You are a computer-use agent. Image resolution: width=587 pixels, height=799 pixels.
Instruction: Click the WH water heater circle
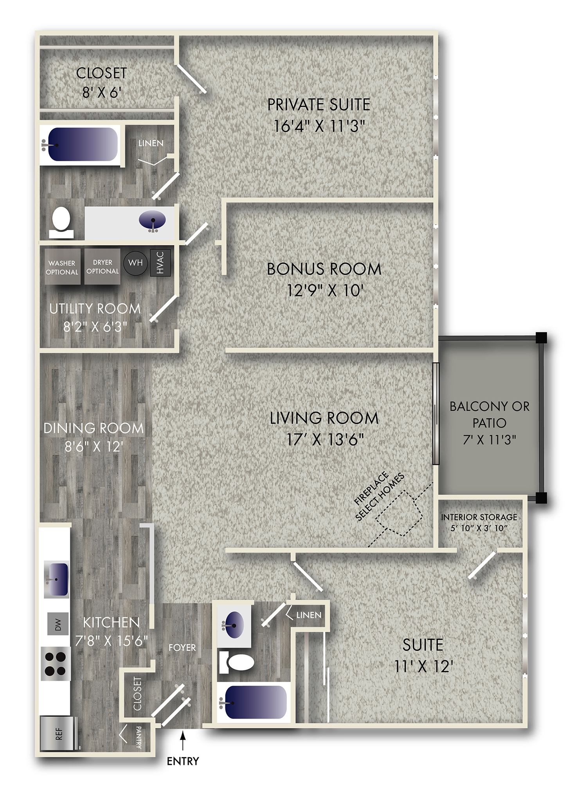click(x=135, y=262)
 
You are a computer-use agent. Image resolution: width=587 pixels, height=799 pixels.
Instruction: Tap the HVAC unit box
click(x=160, y=262)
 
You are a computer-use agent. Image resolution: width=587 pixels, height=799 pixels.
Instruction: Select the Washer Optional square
click(x=62, y=267)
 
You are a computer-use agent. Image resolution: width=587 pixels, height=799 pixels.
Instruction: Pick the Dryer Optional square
click(x=103, y=266)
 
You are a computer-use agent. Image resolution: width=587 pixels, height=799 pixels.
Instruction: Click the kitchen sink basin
click(x=56, y=580)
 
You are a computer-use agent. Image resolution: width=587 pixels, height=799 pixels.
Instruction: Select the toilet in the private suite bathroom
click(x=61, y=222)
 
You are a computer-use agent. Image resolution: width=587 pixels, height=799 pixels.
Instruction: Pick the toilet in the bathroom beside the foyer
click(x=236, y=662)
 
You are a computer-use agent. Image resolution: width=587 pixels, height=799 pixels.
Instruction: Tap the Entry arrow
click(x=183, y=741)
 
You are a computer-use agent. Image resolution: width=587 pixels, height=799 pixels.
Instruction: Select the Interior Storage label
click(x=479, y=522)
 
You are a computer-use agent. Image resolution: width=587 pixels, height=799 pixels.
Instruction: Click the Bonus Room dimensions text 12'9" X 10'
click(x=325, y=291)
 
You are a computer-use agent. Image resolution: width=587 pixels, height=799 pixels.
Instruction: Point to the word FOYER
click(x=182, y=648)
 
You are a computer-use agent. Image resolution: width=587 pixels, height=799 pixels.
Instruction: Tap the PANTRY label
click(x=139, y=737)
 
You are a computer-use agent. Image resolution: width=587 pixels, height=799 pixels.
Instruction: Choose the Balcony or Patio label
click(x=490, y=423)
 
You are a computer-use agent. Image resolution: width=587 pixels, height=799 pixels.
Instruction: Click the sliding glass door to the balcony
click(x=436, y=414)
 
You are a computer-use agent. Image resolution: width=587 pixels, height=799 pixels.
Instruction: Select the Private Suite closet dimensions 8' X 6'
click(x=102, y=92)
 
